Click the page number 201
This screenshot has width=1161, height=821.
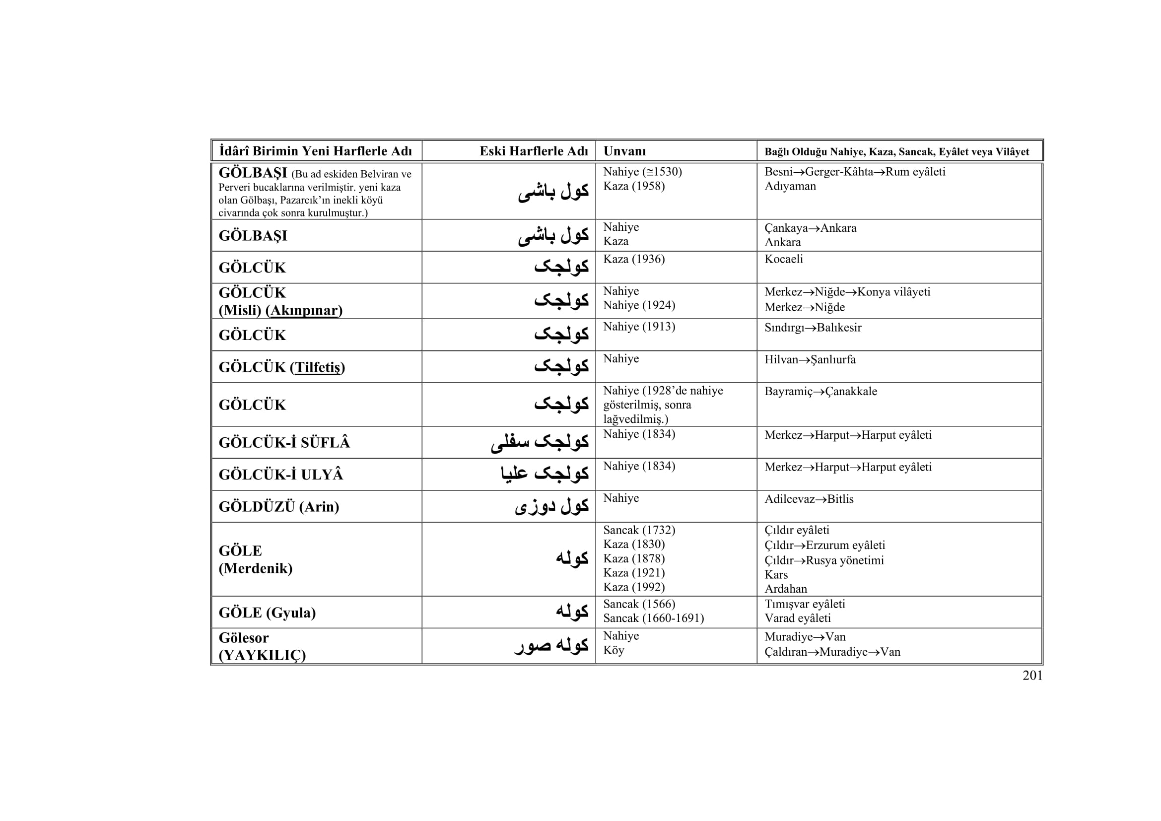coord(1032,676)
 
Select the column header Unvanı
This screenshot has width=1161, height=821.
coord(624,151)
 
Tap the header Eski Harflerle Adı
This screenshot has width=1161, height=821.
coord(534,151)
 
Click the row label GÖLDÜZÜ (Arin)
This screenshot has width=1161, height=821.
coord(278,507)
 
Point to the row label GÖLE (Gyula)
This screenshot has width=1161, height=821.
coord(267,613)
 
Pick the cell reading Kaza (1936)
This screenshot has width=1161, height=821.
coord(633,259)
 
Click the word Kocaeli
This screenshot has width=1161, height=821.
coord(783,259)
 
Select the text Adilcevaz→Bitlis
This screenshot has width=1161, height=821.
coord(809,499)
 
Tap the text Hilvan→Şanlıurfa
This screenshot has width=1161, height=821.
coord(810,359)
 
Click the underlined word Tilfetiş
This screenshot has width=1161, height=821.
coord(318,367)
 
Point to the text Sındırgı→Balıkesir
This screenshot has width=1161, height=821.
coord(813,328)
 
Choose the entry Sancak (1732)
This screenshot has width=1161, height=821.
coord(639,530)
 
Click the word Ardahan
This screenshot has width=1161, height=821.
coord(785,589)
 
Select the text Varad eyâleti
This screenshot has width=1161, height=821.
coord(798,618)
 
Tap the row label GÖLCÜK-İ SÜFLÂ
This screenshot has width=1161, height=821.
coord(284,443)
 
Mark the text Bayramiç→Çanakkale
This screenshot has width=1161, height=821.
coord(820,391)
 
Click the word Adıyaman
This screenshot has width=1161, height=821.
coord(790,186)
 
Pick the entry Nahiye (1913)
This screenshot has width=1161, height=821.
coord(639,327)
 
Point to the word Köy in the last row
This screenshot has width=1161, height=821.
coord(614,650)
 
